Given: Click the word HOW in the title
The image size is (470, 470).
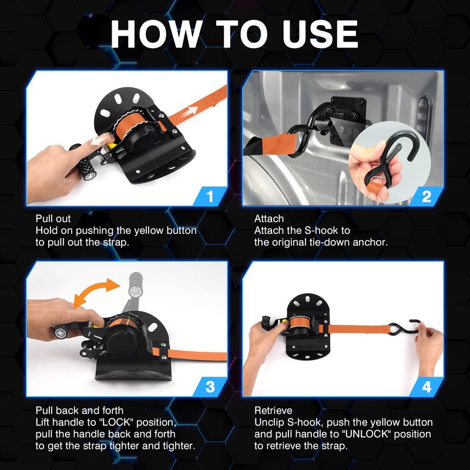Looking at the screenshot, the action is (x=156, y=34).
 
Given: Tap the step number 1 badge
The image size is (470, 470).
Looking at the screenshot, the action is (x=210, y=196).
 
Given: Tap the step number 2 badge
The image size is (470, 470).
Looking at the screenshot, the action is (x=427, y=196).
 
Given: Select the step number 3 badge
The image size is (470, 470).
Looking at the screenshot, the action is (x=210, y=387).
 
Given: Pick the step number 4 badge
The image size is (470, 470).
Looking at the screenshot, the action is (x=427, y=387).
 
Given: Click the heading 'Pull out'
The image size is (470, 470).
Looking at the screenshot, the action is (x=53, y=219).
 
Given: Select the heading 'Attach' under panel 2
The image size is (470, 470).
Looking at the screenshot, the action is (x=269, y=219).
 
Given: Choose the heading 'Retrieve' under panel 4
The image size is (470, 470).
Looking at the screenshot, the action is (x=273, y=410).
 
